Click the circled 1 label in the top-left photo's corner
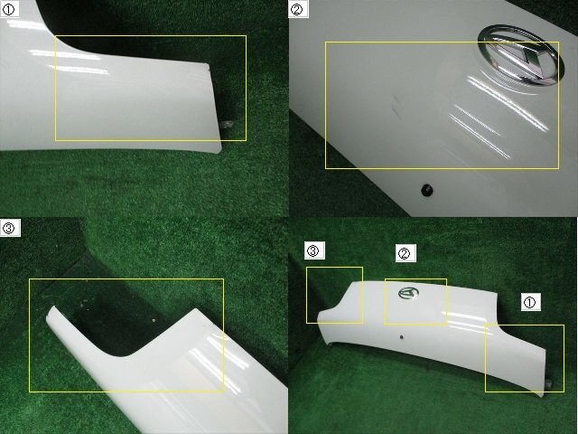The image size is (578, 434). pyautogui.click(x=8, y=9)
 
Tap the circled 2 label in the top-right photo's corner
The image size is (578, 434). pyautogui.click(x=298, y=9)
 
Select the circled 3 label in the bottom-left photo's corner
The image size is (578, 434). pyautogui.click(x=10, y=228)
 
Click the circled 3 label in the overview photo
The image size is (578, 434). pyautogui.click(x=314, y=251)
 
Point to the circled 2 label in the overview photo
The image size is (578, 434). pyautogui.click(x=406, y=253)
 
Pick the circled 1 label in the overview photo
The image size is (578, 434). pyautogui.click(x=531, y=302)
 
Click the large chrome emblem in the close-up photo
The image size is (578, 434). pyautogui.click(x=520, y=56)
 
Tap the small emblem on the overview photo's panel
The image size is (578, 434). pyautogui.click(x=408, y=293)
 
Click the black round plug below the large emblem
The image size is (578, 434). pyautogui.click(x=426, y=190)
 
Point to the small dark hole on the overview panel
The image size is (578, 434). pyautogui.click(x=401, y=337)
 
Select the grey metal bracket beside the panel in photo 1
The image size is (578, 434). pyautogui.click(x=227, y=125)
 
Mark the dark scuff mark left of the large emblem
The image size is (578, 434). pyautogui.click(x=396, y=103)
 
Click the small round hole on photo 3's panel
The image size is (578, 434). pyautogui.click(x=154, y=320)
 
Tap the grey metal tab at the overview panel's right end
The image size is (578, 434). pyautogui.click(x=549, y=383)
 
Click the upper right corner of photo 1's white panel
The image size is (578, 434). pyautogui.click(x=209, y=66)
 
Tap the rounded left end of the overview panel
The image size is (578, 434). pyautogui.click(x=320, y=316)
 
